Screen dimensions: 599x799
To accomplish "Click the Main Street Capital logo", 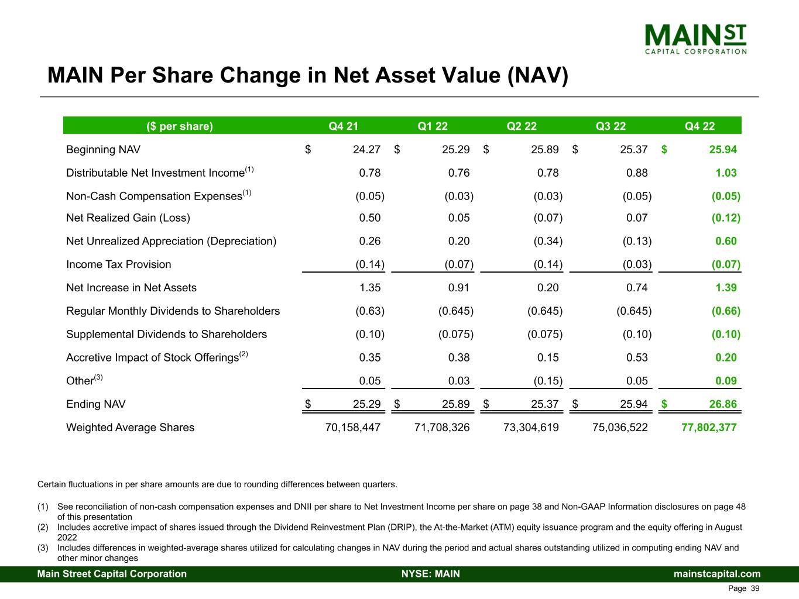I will point(695,39).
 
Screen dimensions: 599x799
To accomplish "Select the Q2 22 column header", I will point(522,126).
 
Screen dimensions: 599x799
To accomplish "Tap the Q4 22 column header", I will point(699,126).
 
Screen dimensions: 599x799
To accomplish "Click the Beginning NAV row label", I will point(103,150).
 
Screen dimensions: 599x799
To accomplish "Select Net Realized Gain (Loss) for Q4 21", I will point(369,218).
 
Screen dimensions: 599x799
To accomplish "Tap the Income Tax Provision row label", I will point(119,264).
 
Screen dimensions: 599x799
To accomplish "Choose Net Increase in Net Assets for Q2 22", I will point(548,288).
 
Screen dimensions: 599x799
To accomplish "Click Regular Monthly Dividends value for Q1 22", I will point(456,311).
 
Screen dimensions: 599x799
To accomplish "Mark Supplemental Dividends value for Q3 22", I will point(637,335).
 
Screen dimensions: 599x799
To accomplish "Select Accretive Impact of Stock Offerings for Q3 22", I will point(637,357).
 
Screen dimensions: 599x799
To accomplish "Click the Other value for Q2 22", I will point(548,381).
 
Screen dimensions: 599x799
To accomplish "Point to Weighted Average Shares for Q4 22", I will point(709,428).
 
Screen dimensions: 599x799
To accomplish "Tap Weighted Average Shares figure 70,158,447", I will point(353,428).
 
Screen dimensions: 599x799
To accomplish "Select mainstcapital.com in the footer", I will point(717,574).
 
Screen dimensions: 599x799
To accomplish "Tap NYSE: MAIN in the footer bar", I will point(431,574).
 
